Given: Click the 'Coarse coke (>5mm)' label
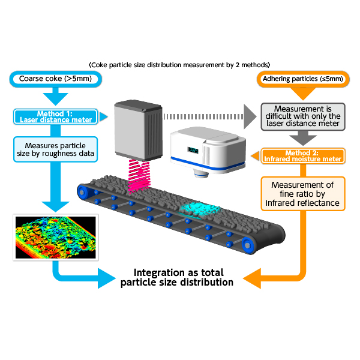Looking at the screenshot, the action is click(x=55, y=79).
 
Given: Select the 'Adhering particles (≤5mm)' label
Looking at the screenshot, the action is click(x=303, y=79).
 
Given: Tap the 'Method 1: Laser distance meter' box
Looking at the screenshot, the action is click(x=56, y=116).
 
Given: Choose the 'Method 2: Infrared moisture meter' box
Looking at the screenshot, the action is click(x=303, y=156).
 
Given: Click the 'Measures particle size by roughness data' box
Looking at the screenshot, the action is click(x=56, y=149).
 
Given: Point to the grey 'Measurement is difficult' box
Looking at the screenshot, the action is click(x=303, y=116).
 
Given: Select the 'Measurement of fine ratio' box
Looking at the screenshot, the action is click(x=303, y=194).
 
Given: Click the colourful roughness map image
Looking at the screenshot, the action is click(x=56, y=238).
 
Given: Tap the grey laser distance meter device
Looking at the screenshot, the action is click(x=139, y=130).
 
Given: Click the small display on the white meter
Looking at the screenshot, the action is click(x=193, y=150).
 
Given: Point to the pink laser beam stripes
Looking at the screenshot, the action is click(x=139, y=176).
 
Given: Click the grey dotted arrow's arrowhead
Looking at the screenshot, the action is click(x=250, y=116).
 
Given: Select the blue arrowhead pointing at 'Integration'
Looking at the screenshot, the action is click(x=107, y=278).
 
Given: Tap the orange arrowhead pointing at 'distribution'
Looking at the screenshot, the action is click(x=252, y=278).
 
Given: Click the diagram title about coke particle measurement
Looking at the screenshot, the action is click(x=179, y=65).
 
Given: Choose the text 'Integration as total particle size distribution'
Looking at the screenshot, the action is click(x=177, y=277).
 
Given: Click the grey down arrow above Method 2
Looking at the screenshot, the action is click(x=303, y=138).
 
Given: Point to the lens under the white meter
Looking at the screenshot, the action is click(x=202, y=173).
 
